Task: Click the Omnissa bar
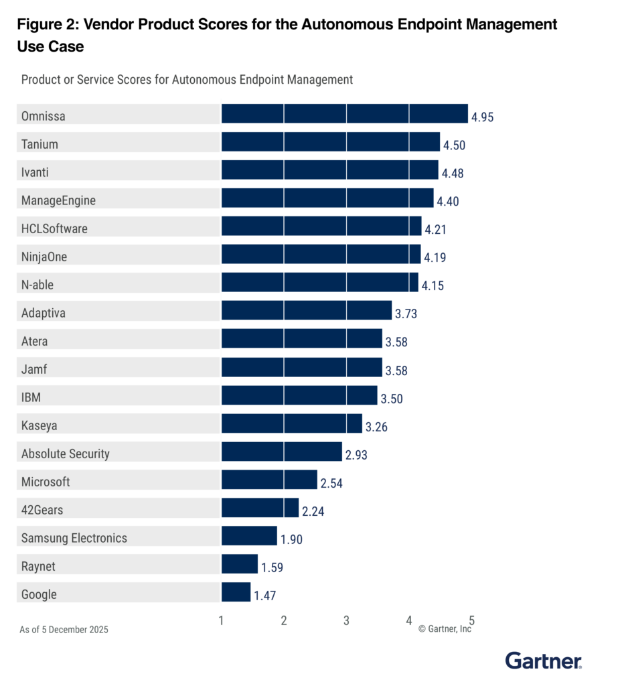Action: [x=344, y=114]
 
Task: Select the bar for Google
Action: [x=236, y=592]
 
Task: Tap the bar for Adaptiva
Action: [x=306, y=311]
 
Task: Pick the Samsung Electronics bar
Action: [x=248, y=536]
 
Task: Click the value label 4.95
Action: [x=482, y=117]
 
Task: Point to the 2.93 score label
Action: [x=356, y=455]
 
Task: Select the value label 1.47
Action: [x=264, y=596]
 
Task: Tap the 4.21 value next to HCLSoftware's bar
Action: [x=435, y=230]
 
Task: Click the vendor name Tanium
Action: [x=40, y=144]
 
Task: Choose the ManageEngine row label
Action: [x=58, y=200]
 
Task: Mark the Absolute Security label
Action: [x=65, y=454]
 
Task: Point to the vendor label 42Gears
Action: [x=43, y=510]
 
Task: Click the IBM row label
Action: [x=31, y=397]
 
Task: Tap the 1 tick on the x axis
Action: [x=222, y=620]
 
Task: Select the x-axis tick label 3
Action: [x=346, y=620]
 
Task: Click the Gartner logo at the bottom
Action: [x=543, y=661]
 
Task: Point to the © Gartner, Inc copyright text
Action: [x=445, y=629]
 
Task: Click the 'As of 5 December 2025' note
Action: [x=64, y=630]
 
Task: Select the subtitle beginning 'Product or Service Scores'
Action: [x=187, y=80]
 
